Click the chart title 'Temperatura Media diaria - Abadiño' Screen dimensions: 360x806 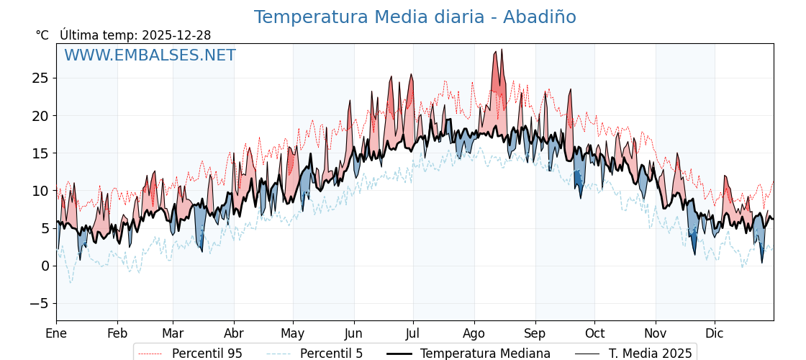click(x=415, y=17)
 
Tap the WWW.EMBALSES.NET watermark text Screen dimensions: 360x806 click(x=150, y=55)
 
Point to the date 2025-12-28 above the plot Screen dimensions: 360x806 click(x=176, y=35)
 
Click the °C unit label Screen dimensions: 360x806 click(x=42, y=35)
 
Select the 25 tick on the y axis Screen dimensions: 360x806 click(x=40, y=78)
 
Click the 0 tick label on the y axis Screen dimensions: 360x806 click(x=45, y=266)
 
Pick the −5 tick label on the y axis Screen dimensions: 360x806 click(x=40, y=303)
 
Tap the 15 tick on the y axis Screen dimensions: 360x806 click(x=40, y=153)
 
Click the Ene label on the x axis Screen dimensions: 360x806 click(x=56, y=333)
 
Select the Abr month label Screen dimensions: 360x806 click(x=234, y=333)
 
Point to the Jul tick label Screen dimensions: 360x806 click(x=413, y=333)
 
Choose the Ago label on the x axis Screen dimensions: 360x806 click(x=474, y=333)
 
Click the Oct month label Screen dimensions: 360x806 click(x=594, y=333)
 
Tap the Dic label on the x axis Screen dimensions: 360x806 click(x=715, y=333)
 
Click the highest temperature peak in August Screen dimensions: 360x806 click(x=502, y=49)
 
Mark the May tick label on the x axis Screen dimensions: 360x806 click(x=293, y=333)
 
